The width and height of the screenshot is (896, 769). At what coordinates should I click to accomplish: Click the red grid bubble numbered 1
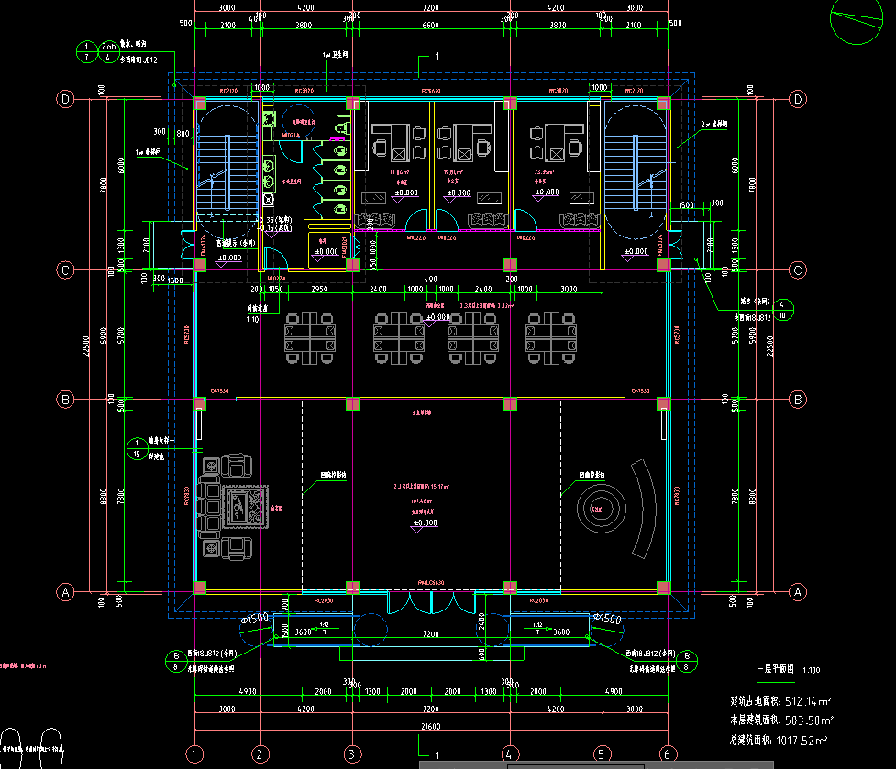tap(194, 753)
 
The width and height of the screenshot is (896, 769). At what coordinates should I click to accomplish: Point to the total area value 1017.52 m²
tap(797, 740)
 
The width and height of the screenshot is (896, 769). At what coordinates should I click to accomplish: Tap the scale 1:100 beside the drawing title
tap(812, 671)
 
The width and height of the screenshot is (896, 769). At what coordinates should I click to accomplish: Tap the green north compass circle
tap(859, 22)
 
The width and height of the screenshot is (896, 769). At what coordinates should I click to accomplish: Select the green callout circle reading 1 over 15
tap(137, 448)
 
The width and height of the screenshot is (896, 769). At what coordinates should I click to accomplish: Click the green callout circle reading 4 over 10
tap(781, 309)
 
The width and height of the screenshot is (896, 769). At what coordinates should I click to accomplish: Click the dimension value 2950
tap(319, 289)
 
